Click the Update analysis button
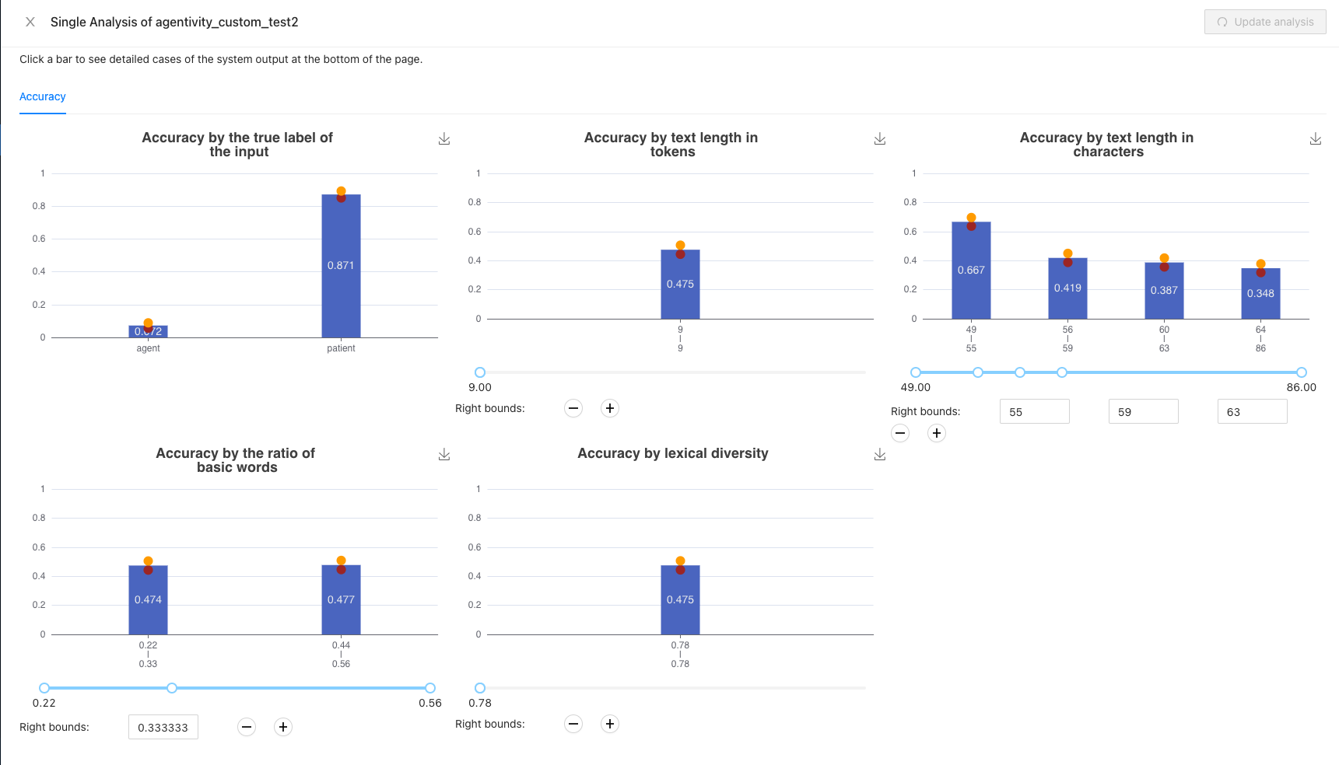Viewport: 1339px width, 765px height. coord(1264,22)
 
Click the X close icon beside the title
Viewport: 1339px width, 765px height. coord(30,22)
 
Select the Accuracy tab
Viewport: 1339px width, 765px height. coord(43,96)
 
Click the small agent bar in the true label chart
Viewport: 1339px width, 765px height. coord(148,332)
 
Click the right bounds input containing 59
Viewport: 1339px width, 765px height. coord(1143,412)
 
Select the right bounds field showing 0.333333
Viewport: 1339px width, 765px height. coord(163,728)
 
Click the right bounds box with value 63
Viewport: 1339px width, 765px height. coord(1252,412)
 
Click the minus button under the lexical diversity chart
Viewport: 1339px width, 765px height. coord(573,724)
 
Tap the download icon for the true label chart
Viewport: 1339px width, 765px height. coord(444,138)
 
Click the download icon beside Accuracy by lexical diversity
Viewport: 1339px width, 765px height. coord(880,454)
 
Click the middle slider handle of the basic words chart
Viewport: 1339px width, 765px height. coord(172,688)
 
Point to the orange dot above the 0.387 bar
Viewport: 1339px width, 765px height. coord(1164,258)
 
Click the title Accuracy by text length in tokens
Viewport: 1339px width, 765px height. coord(671,145)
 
